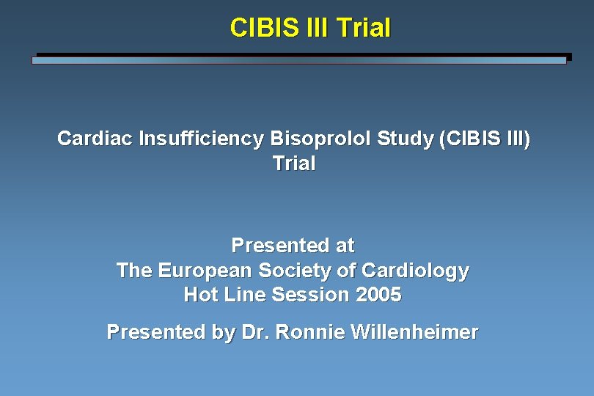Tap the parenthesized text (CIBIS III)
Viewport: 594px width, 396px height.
[x=484, y=139]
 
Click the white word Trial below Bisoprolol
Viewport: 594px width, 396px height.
[x=293, y=164]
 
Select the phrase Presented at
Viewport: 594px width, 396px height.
[x=293, y=245]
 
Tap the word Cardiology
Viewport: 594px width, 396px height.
[x=414, y=271]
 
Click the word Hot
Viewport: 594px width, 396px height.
[x=200, y=295]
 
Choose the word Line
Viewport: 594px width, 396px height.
[x=245, y=295]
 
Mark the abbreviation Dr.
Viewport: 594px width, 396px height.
[x=253, y=332]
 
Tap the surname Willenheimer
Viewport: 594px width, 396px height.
[x=414, y=332]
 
